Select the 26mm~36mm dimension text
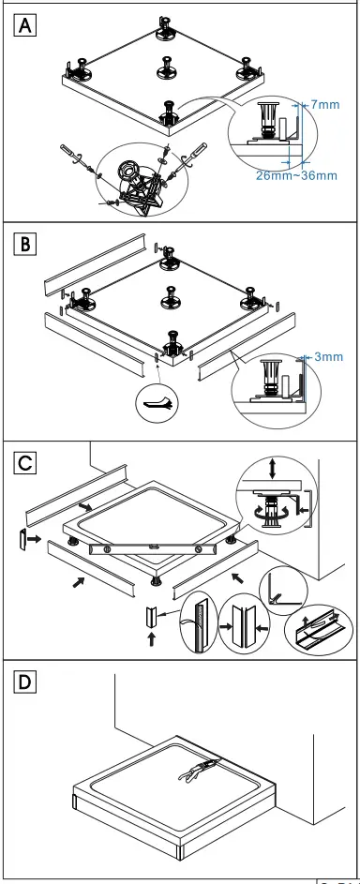(x=296, y=174)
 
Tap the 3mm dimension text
(x=328, y=356)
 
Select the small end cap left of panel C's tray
(x=22, y=541)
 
